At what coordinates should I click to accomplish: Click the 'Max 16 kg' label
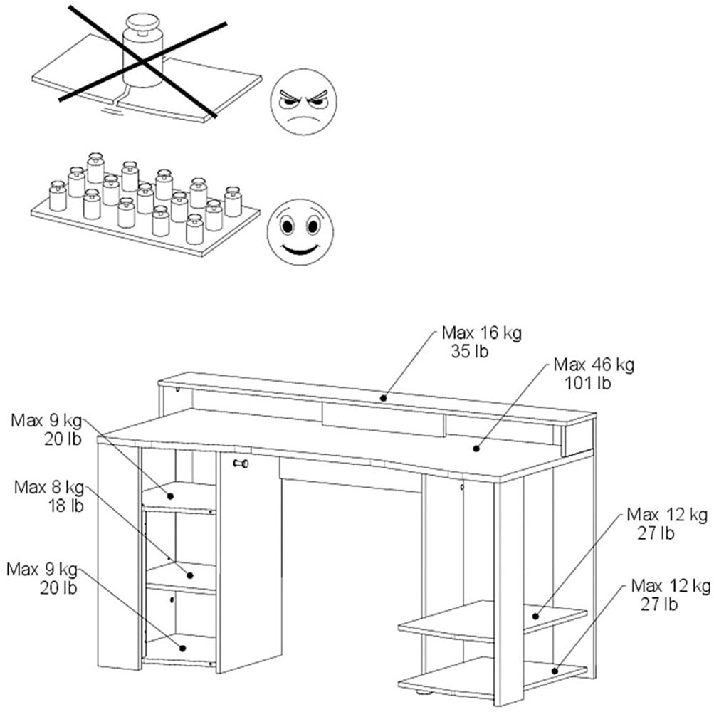click(481, 333)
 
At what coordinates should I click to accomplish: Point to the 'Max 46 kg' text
click(594, 365)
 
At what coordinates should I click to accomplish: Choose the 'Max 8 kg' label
click(49, 488)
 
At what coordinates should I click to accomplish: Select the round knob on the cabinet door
click(241, 464)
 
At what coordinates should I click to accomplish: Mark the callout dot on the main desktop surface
click(476, 449)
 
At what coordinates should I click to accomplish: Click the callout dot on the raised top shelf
click(383, 397)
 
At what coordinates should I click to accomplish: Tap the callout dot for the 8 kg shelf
click(190, 574)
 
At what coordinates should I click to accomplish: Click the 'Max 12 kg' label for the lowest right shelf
click(671, 586)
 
